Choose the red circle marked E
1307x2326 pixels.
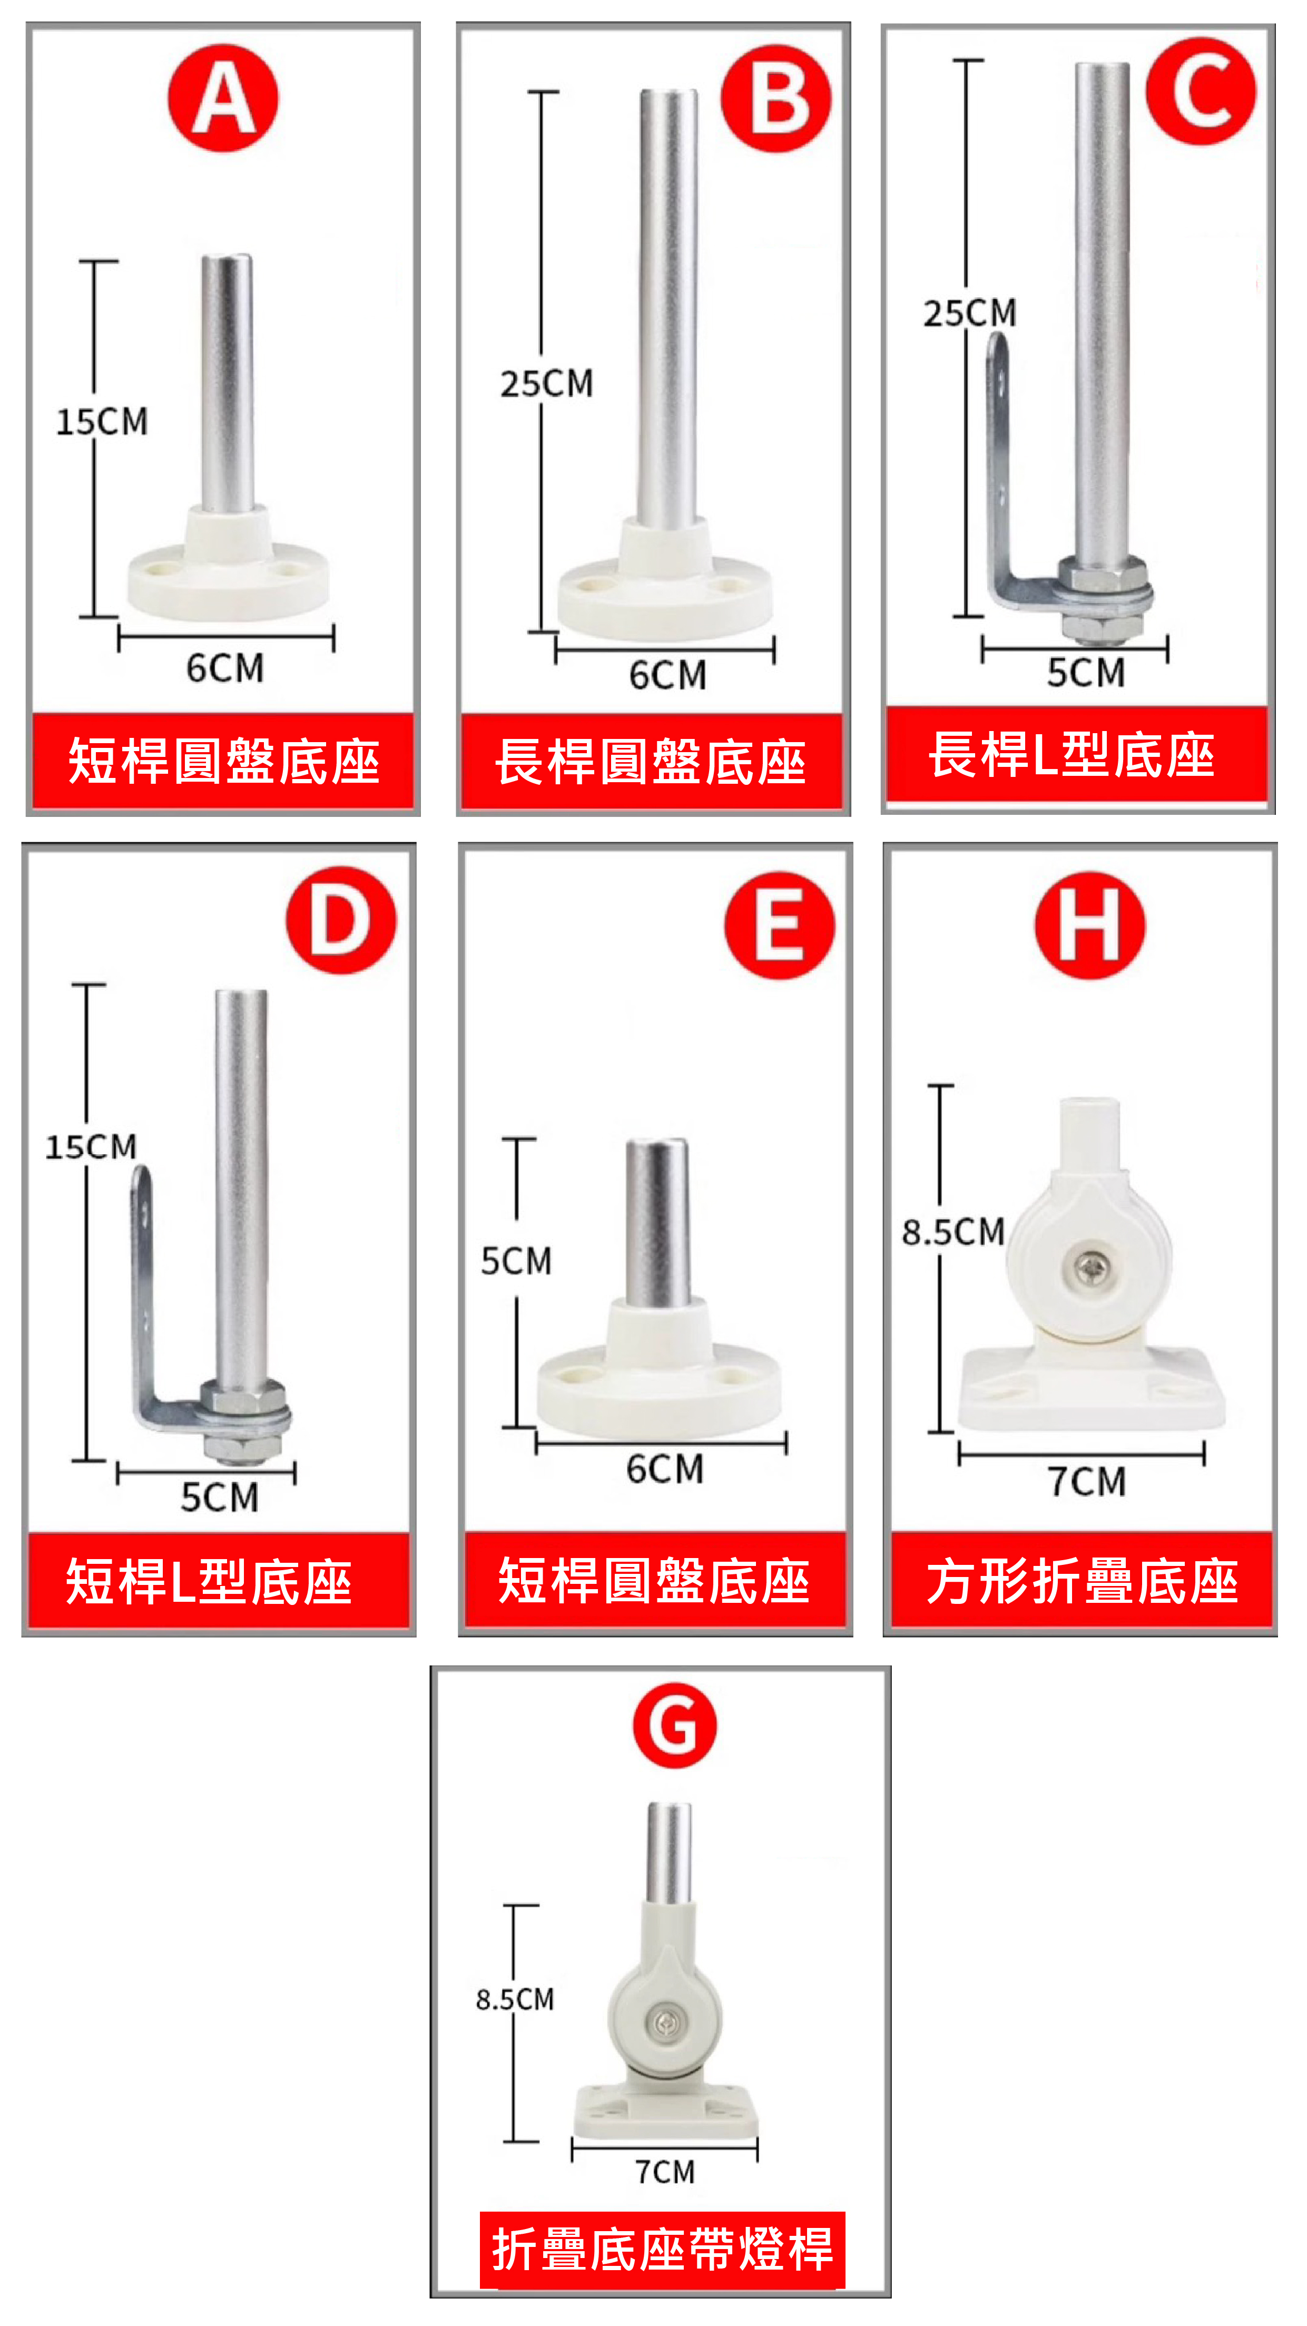779,926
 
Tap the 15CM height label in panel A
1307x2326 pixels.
102,422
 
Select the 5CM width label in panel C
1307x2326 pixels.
1086,673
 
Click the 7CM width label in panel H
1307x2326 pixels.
1087,1482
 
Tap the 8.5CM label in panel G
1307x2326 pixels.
515,1999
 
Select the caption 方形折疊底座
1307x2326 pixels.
1082,1581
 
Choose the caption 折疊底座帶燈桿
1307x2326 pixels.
662,2249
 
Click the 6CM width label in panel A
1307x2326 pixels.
225,668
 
